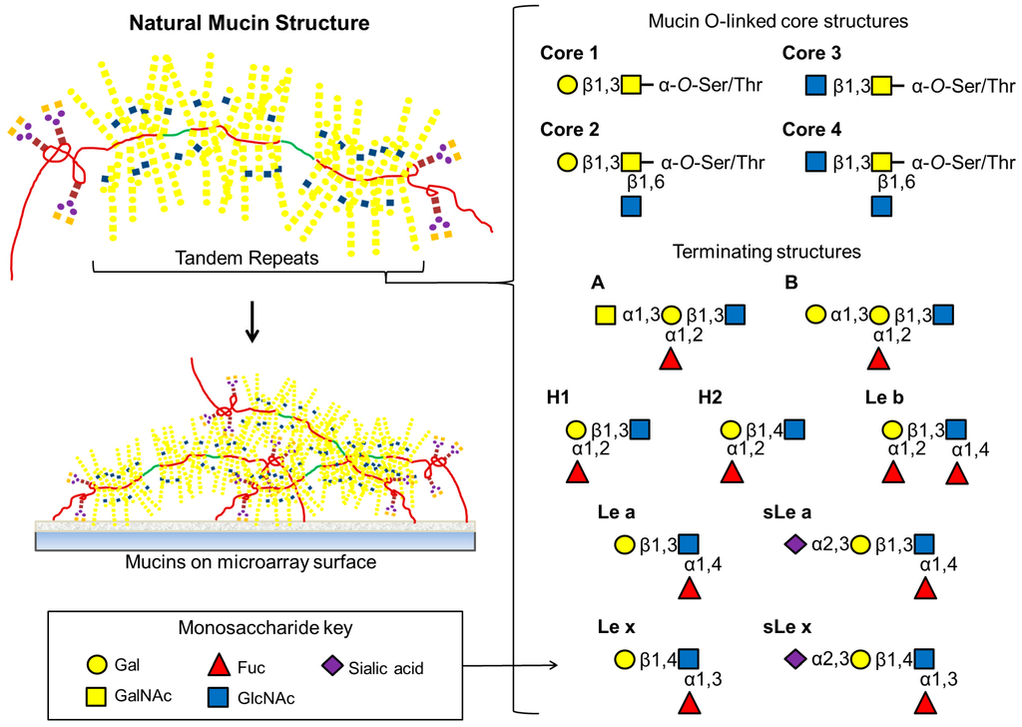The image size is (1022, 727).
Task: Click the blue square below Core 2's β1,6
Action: click(x=631, y=206)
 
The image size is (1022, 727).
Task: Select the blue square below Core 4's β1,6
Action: click(x=881, y=206)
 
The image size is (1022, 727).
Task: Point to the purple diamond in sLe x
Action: click(x=794, y=659)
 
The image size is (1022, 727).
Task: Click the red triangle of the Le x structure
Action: click(x=689, y=705)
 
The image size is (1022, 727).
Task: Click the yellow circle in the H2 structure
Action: click(x=731, y=430)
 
